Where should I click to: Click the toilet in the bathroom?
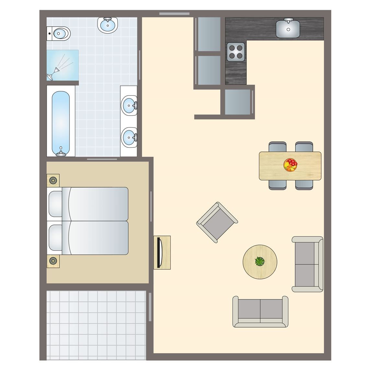(x=60, y=33)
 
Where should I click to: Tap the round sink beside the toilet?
(x=108, y=25)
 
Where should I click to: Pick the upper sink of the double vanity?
(x=129, y=105)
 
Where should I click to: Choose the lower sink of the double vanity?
(x=129, y=137)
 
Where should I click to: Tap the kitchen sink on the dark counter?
(x=288, y=28)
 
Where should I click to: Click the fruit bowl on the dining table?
(x=291, y=165)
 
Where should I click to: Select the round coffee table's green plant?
(x=260, y=261)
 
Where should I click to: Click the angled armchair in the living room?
(x=217, y=222)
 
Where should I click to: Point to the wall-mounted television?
(x=159, y=253)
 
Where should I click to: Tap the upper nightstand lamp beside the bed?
(x=53, y=180)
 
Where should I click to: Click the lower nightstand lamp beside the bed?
(x=53, y=260)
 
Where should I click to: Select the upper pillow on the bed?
(x=55, y=204)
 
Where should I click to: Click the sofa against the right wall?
(x=307, y=264)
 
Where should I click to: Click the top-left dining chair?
(x=277, y=147)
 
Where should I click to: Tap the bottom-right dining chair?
(x=304, y=184)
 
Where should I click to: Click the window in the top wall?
(x=174, y=14)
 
